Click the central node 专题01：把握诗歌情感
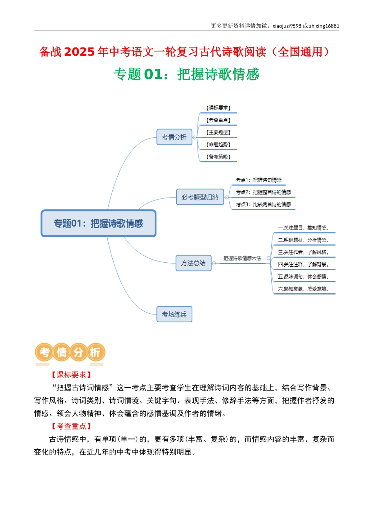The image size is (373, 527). click(99, 223)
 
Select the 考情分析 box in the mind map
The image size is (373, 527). click(174, 137)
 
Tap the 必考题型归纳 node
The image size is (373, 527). click(200, 197)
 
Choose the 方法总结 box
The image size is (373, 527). click(193, 263)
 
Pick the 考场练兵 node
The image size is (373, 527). click(174, 314)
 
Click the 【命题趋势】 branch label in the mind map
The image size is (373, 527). click(218, 144)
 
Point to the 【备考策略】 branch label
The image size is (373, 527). click(218, 157)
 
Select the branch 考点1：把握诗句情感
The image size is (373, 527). click(259, 180)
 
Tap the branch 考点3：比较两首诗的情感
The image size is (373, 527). click(263, 204)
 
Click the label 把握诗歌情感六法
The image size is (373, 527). click(242, 258)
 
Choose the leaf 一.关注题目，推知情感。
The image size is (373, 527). click(304, 228)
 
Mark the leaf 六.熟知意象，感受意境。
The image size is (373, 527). click(304, 289)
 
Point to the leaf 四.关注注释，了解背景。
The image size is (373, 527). click(304, 264)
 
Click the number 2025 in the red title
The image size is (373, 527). click(79, 52)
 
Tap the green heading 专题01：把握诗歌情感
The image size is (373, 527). click(186, 75)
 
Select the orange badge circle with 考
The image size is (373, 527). click(44, 352)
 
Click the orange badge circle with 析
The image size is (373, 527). click(96, 352)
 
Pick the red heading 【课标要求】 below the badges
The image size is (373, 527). click(71, 374)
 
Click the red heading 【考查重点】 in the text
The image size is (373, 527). click(71, 426)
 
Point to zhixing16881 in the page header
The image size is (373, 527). click(324, 26)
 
